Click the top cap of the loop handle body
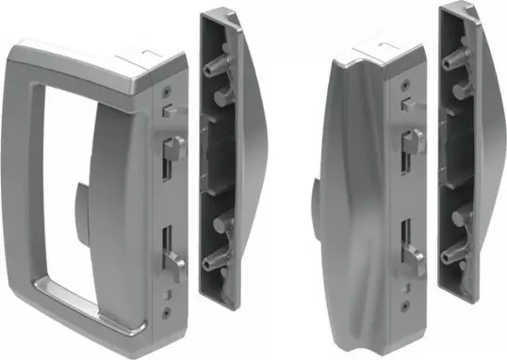[x=141, y=57]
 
